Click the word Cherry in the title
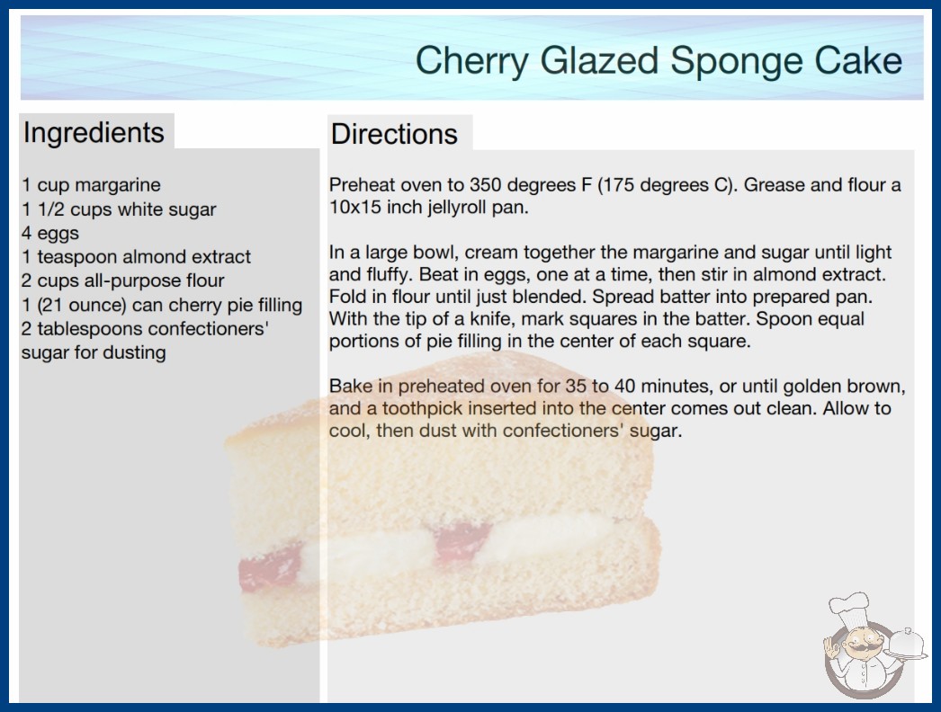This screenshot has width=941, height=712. [471, 62]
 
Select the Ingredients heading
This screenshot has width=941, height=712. [94, 133]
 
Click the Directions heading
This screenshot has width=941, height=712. [394, 134]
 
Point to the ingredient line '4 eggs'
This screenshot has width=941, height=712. [50, 234]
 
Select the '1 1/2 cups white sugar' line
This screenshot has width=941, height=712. [119, 209]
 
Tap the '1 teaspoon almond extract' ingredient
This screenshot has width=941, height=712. [136, 257]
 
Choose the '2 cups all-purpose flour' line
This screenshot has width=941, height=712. [123, 280]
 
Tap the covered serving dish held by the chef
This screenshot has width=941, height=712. [906, 644]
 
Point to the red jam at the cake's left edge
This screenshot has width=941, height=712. [270, 567]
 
